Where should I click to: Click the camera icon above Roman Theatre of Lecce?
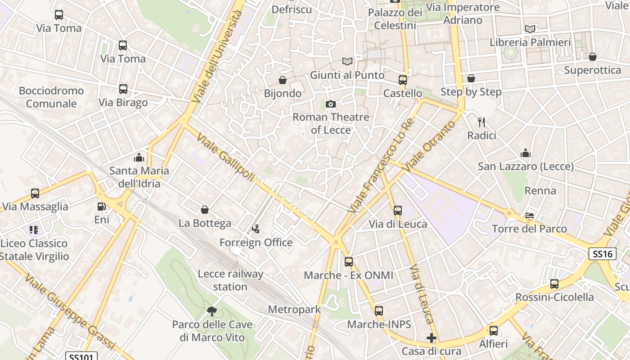331,104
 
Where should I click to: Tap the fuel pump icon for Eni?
102,207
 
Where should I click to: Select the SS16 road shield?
603,254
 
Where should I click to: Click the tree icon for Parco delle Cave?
212,311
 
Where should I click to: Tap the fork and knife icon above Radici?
481,122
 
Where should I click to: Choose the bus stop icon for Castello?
403,80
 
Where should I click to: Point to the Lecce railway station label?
230,280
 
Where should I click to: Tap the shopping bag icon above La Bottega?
205,210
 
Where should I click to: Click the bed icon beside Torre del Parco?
530,216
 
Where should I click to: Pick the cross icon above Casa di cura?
432,337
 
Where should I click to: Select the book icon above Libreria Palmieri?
530,29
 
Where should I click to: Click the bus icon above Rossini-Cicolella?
554,284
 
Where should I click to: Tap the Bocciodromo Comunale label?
51,97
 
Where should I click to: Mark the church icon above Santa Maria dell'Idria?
139,157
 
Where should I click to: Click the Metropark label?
294,310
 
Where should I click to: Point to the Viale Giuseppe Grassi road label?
70,311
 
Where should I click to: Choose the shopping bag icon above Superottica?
593,57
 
